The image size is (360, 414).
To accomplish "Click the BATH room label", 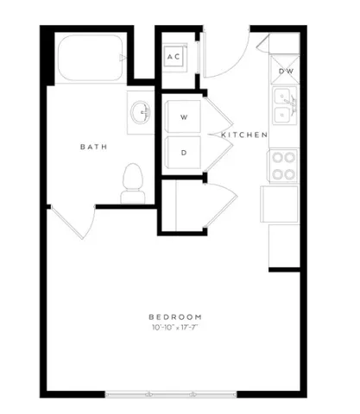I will click(93, 147).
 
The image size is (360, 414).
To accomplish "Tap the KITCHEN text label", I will click(244, 135).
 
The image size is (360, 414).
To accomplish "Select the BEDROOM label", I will click(174, 317).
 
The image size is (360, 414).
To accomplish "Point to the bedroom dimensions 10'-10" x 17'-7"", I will click(174, 328).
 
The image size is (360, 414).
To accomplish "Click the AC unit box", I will click(174, 57).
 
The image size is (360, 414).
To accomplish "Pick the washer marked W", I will click(183, 116).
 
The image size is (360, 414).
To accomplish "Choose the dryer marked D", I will click(183, 153).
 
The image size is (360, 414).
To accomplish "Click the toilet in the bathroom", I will click(132, 184).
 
